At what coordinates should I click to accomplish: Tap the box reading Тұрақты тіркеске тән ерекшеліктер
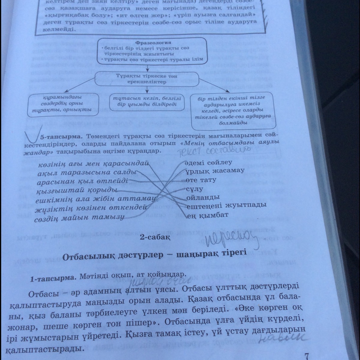[147, 79]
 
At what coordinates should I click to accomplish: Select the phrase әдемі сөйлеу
[208, 163]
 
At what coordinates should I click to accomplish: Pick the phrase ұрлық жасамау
[215, 171]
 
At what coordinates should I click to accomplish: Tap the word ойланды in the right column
[203, 197]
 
